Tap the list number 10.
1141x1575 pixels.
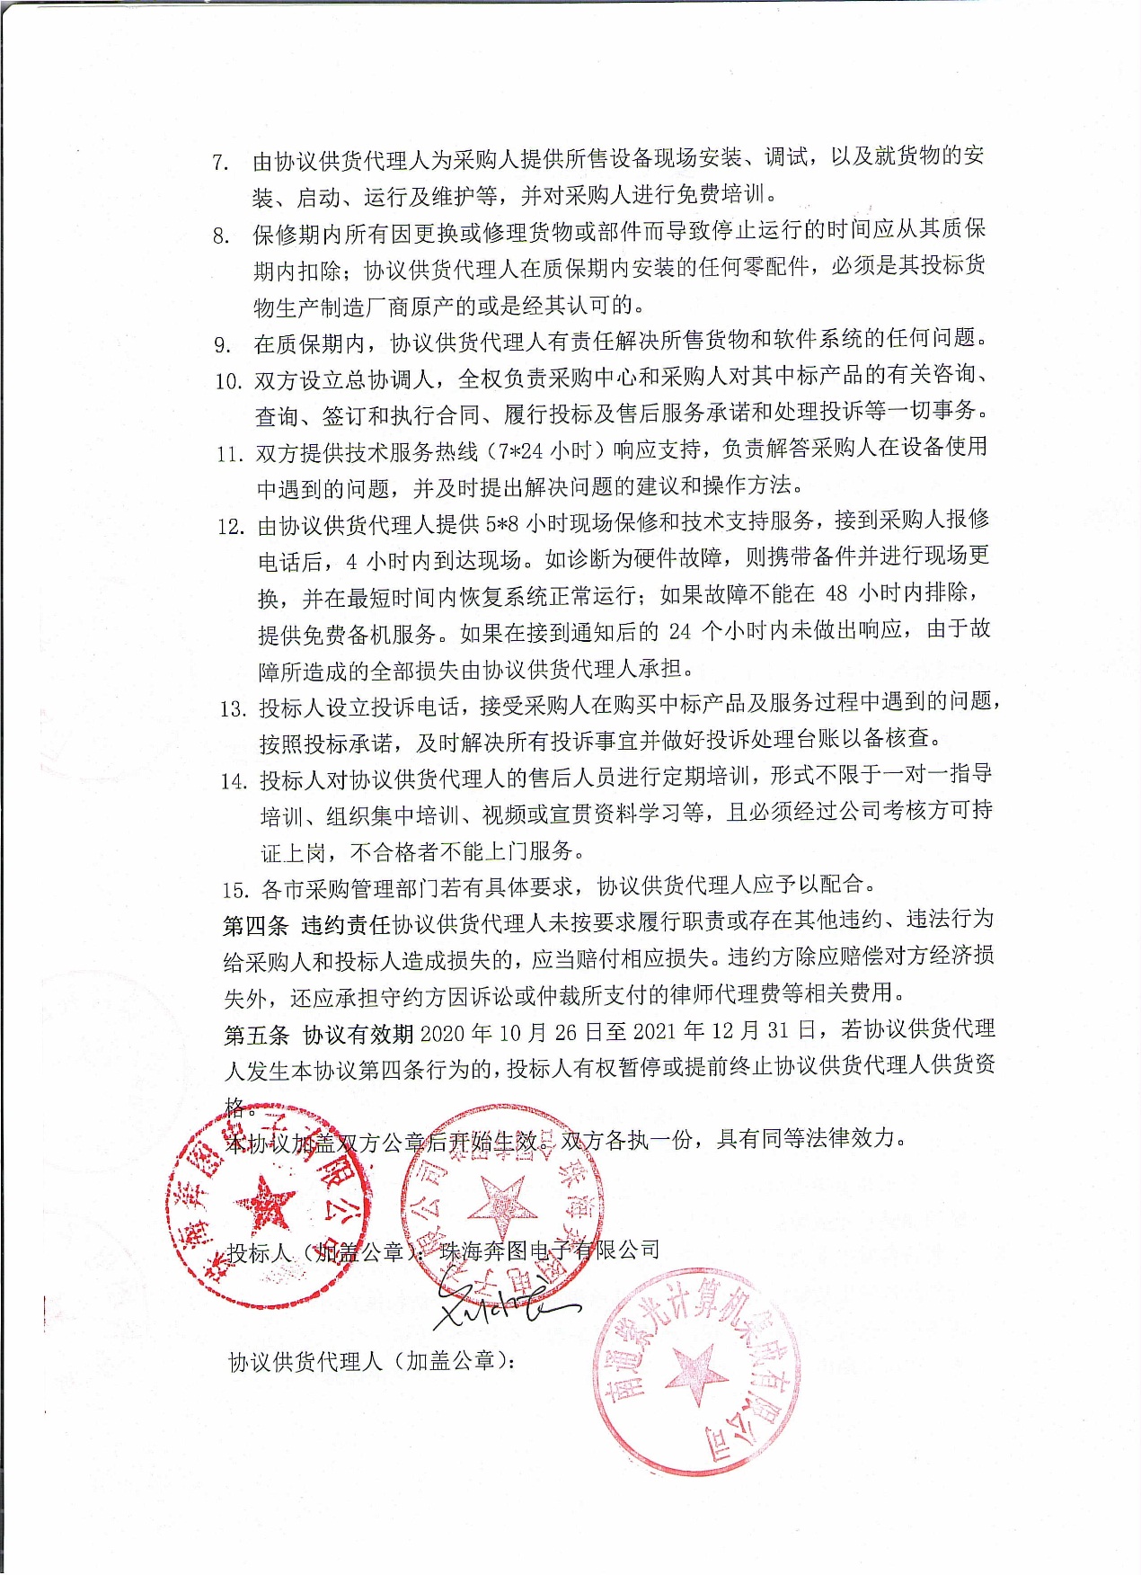[228, 381]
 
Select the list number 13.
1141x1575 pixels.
[233, 709]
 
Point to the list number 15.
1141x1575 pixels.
[235, 890]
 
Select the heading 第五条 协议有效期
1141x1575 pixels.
[318, 1035]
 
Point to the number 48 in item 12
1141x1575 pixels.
[836, 593]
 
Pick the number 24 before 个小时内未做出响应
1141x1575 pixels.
[679, 632]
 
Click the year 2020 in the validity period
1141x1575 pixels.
[442, 1033]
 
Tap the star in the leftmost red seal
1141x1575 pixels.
[266, 1205]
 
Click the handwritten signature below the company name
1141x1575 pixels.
[503, 1304]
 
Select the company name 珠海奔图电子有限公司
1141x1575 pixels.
[549, 1250]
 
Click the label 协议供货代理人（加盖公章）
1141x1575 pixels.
[372, 1362]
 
